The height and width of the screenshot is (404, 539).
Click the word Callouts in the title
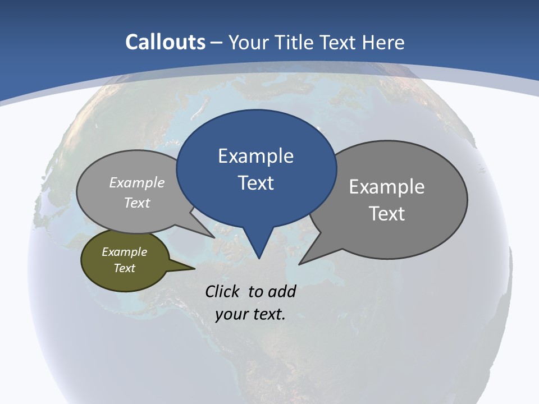click(x=165, y=42)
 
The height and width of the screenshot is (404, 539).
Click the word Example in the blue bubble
click(x=255, y=156)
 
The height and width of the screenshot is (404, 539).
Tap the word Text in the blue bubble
click(x=256, y=183)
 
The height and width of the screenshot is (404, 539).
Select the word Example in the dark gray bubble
click(x=387, y=187)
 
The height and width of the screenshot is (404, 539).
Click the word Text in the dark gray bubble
click(x=387, y=214)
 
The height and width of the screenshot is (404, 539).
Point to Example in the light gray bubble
click(x=137, y=182)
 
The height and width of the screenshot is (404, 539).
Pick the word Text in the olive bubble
click(x=125, y=268)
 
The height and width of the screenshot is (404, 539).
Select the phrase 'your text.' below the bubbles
click(x=250, y=314)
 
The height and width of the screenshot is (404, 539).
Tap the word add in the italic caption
click(x=281, y=291)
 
